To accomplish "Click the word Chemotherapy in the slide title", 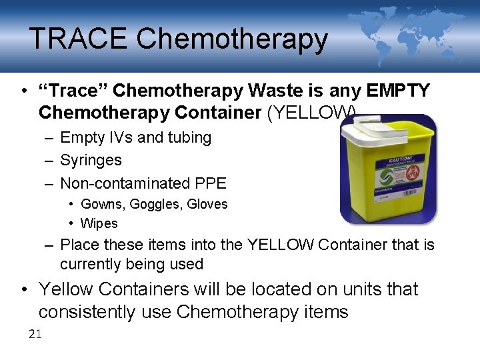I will (232, 39).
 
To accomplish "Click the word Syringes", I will (91, 160).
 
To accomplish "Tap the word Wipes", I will (99, 223).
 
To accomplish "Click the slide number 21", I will (35, 334).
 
